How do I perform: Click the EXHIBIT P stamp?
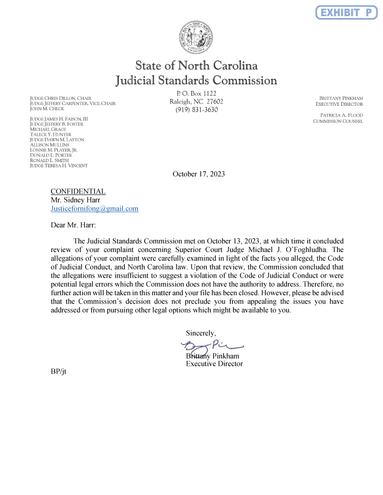346,12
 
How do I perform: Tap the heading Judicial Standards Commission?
196,81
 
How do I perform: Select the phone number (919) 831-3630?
196,110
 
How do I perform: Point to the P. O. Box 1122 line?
196,93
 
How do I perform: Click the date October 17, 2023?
199,174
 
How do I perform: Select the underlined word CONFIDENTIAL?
78,191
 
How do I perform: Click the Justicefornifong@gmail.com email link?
94,209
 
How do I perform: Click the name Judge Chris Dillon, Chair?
60,98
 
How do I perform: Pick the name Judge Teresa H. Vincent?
59,166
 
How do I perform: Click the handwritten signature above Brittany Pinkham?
212,346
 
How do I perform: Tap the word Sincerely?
201,333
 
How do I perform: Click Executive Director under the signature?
214,364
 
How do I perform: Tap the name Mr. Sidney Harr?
75,200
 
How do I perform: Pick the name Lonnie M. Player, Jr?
54,150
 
